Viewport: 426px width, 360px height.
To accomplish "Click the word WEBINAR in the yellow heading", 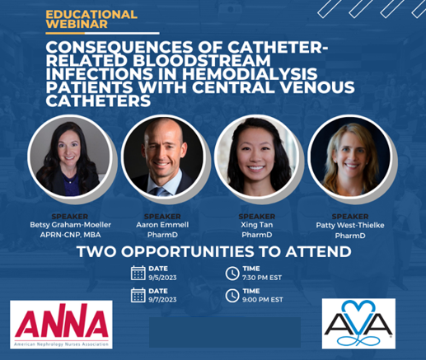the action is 77,24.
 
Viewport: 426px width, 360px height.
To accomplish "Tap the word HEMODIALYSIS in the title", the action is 250,74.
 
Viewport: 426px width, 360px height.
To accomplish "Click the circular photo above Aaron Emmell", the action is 163,157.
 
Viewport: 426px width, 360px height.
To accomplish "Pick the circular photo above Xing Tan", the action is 256,157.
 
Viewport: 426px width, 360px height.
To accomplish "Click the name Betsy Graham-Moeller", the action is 70,225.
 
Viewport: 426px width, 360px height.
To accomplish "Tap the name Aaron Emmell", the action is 162,225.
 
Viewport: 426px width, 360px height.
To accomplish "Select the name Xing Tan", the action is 257,225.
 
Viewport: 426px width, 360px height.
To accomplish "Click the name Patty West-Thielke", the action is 350,226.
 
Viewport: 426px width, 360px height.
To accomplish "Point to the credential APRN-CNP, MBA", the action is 70,235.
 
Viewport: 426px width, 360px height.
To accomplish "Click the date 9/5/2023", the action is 162,278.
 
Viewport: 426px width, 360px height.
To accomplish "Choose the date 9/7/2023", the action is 162,300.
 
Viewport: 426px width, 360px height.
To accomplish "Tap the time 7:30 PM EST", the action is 262,278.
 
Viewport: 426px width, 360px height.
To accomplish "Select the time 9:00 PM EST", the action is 263,300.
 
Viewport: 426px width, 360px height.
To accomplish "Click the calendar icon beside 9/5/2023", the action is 138,273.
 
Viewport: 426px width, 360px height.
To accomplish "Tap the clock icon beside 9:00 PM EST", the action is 232,296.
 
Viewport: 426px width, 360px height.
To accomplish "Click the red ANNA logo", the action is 61,325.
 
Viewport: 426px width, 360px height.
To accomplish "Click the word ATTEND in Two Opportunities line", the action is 319,251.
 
